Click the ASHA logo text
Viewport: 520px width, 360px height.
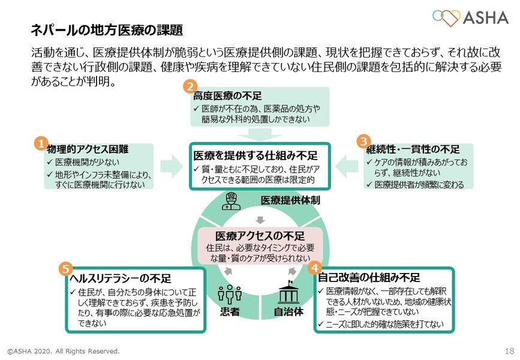[x=485, y=17]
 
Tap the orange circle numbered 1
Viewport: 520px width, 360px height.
[x=40, y=143]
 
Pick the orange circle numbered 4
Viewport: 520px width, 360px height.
[x=315, y=268]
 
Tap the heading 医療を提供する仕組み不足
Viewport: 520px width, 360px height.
[x=261, y=155]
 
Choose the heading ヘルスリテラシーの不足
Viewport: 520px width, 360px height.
[x=121, y=278]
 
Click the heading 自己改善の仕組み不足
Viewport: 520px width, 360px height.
[x=369, y=278]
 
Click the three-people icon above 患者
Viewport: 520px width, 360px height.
[x=229, y=293]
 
